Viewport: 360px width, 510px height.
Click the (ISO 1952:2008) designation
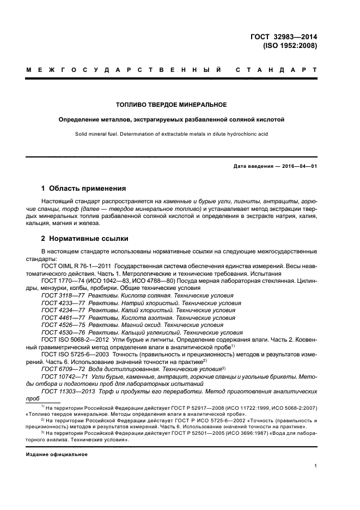(x=290, y=46)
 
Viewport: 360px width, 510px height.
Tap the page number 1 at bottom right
(x=315, y=466)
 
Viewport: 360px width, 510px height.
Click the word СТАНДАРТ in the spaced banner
(x=277, y=71)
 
